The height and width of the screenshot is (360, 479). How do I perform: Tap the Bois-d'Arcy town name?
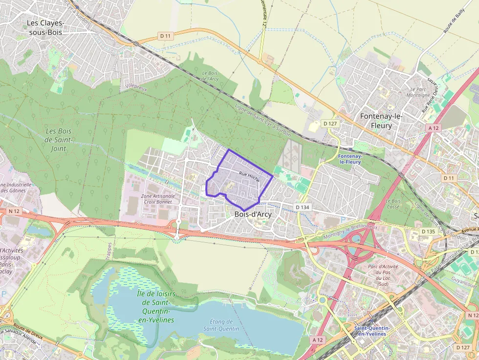click(253, 214)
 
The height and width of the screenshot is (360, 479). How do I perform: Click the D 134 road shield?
click(303, 207)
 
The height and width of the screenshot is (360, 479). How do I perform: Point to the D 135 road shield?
click(428, 231)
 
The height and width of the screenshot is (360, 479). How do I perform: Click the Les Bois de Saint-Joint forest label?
click(58, 140)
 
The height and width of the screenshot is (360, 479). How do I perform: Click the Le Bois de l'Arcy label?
click(210, 76)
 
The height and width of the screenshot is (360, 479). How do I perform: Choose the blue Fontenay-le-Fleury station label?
click(349, 159)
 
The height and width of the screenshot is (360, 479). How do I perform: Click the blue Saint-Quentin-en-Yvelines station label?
click(370, 331)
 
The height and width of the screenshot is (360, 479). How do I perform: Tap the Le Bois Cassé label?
click(393, 204)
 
